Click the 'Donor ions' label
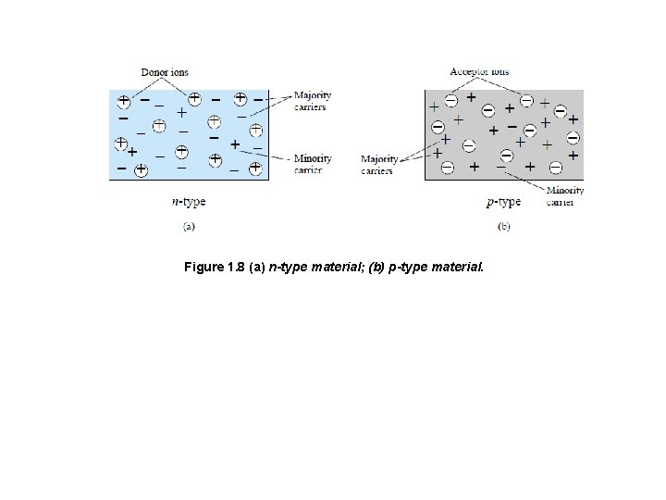(x=165, y=72)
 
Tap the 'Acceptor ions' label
(x=478, y=72)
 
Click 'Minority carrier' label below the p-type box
(x=564, y=195)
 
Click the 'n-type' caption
(x=189, y=201)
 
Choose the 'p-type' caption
(x=503, y=201)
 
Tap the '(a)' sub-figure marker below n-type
(x=189, y=225)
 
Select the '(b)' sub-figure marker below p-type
(x=504, y=225)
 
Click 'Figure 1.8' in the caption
(x=214, y=268)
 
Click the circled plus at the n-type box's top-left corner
(x=123, y=99)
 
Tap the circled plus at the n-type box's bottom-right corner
(x=254, y=169)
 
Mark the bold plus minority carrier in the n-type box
(x=235, y=144)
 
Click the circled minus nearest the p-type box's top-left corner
(x=450, y=100)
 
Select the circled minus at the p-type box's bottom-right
(x=555, y=168)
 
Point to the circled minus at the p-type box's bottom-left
(x=447, y=168)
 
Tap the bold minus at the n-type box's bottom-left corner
(x=122, y=169)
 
